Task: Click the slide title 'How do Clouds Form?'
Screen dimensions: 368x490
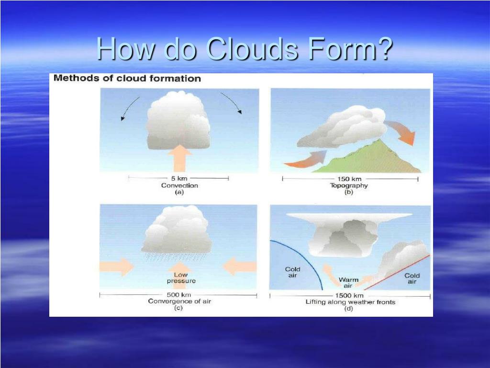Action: (245, 48)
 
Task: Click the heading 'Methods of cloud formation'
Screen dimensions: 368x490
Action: (127, 79)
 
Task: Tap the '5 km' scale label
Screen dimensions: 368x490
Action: (179, 178)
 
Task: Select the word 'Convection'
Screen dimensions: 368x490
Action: (179, 185)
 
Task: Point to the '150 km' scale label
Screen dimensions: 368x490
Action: (349, 179)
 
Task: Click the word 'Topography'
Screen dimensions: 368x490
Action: (349, 186)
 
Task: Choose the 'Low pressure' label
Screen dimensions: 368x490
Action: (181, 278)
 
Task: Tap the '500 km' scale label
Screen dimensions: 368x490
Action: (179, 295)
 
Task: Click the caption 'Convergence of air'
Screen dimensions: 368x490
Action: (179, 301)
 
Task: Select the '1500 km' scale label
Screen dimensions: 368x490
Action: (349, 296)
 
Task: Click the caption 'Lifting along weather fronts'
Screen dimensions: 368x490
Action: (350, 302)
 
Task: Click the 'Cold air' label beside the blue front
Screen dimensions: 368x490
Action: (292, 273)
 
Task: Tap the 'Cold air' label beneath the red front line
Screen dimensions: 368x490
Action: (412, 278)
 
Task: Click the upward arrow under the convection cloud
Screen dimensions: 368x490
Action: (180, 159)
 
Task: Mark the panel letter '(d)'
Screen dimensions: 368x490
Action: (349, 309)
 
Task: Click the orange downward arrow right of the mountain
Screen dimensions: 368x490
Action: (402, 132)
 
